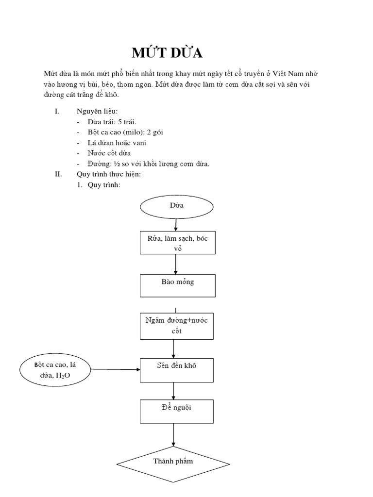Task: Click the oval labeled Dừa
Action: tap(177, 206)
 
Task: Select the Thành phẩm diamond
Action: tap(173, 462)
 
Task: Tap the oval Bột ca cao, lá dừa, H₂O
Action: tap(55, 370)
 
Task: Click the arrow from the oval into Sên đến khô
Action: tap(116, 370)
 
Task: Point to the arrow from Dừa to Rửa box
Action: tap(175, 225)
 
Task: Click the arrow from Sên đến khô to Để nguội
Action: tap(174, 391)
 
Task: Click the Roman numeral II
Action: tap(58, 174)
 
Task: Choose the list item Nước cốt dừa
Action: tap(111, 153)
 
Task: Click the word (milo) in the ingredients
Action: tap(136, 132)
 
